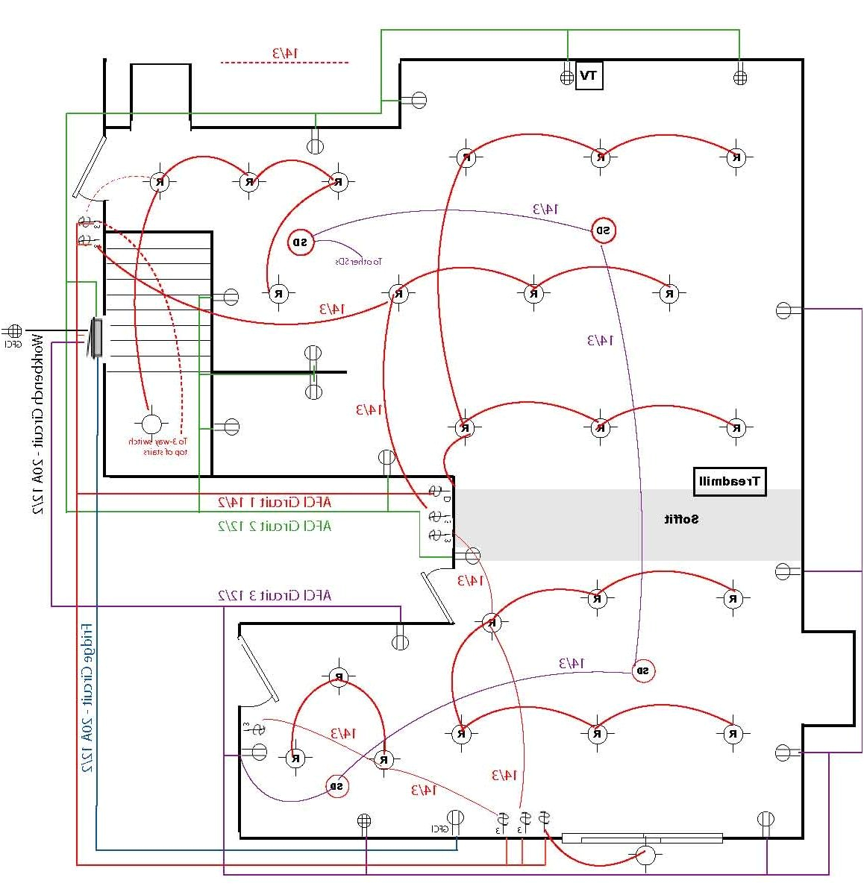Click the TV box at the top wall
pos(589,75)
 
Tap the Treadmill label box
pos(729,482)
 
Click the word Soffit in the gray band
pos(682,519)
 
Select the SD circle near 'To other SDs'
pos(300,242)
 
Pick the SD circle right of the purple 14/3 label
pos(603,230)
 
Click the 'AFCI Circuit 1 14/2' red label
pos(274,502)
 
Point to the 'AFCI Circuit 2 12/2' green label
pos(274,526)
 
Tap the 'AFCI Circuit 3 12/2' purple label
pos(274,595)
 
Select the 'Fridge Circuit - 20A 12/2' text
pos(87,697)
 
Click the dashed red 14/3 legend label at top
pos(284,54)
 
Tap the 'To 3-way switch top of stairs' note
pos(159,446)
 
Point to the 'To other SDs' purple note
pos(357,262)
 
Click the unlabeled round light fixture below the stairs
pos(151,425)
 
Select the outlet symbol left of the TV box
pos(566,77)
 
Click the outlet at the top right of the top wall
pos(740,77)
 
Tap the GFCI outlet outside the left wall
pos(13,330)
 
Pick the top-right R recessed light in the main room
pos(736,157)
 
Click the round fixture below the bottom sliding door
pos(646,856)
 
